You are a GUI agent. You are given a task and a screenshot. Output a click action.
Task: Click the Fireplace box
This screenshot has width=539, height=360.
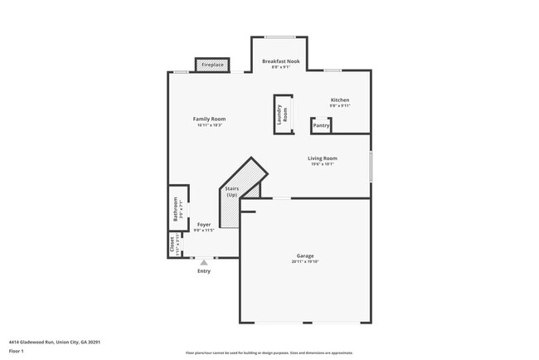pyautogui.click(x=212, y=65)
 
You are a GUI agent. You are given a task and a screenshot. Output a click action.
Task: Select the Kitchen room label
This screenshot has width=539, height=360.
pyautogui.click(x=340, y=100)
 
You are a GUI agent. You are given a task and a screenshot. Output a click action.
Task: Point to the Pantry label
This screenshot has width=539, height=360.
pyautogui.click(x=322, y=127)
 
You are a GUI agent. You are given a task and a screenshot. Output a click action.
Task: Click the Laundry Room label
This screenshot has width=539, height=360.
pyautogui.click(x=282, y=115)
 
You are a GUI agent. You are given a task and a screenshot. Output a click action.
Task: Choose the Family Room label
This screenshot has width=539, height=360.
pyautogui.click(x=210, y=119)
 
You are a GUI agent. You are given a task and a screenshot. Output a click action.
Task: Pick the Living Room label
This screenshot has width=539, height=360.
pyautogui.click(x=323, y=158)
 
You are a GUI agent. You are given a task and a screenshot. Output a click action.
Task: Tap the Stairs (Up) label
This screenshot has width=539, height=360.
pyautogui.click(x=232, y=192)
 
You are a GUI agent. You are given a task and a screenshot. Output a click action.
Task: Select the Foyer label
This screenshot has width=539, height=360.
pyautogui.click(x=203, y=224)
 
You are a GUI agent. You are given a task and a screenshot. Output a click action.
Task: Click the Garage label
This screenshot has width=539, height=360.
pyautogui.click(x=305, y=255)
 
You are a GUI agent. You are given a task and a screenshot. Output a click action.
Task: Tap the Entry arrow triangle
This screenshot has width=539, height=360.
pyautogui.click(x=203, y=262)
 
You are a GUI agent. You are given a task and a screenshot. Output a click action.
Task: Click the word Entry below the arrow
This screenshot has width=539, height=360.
pyautogui.click(x=203, y=271)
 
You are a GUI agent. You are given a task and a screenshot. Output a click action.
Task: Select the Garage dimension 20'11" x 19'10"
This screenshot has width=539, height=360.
pyautogui.click(x=305, y=262)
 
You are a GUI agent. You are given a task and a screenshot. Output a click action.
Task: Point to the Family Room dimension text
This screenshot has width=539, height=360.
pyautogui.click(x=210, y=125)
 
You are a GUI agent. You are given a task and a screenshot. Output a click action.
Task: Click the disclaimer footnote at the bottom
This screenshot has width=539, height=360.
pyautogui.click(x=269, y=353)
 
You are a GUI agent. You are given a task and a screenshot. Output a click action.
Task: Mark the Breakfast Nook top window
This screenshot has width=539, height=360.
pyautogui.click(x=279, y=37)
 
